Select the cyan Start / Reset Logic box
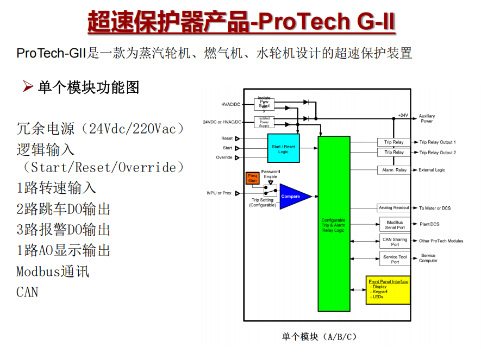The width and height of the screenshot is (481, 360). [x=283, y=149]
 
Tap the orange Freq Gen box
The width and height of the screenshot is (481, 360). [x=252, y=179]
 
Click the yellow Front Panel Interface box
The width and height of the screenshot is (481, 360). [x=389, y=289]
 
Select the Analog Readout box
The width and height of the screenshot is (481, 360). [x=393, y=208]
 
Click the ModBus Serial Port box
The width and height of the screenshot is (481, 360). [x=395, y=225]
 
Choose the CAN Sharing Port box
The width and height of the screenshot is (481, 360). [x=395, y=242]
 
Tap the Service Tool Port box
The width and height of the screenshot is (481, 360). [x=395, y=259]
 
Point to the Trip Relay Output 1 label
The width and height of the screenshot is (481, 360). [x=438, y=142]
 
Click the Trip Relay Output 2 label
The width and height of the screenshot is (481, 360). [x=438, y=153]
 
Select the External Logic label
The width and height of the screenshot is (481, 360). [x=432, y=170]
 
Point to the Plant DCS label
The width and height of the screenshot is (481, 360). [x=429, y=224]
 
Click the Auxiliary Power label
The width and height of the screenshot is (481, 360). [x=427, y=118]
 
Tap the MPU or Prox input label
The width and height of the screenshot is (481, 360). [x=219, y=193]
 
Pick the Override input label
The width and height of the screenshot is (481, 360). [x=224, y=157]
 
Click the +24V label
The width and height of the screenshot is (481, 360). [x=403, y=115]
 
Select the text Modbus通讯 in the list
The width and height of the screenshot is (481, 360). [x=53, y=271]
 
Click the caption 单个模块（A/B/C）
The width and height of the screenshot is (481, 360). [x=319, y=337]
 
